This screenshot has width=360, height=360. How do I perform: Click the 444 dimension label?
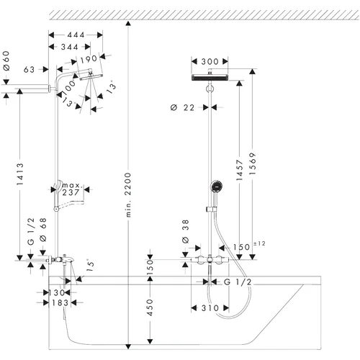(76, 35)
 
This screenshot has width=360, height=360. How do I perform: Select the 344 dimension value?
(69, 47)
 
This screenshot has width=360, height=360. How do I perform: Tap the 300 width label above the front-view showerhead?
(210, 62)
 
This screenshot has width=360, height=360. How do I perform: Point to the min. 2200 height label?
(128, 194)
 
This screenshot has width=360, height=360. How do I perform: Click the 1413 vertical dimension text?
(20, 174)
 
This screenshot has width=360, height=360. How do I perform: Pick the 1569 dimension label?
(253, 163)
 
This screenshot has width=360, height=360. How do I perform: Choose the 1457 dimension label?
(240, 170)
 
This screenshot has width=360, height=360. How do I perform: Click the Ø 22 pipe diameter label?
(182, 108)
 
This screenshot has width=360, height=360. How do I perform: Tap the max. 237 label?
(71, 189)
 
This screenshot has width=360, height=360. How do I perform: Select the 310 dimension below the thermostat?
(210, 308)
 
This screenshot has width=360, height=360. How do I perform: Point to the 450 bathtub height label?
(150, 307)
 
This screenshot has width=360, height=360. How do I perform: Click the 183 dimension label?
(60, 303)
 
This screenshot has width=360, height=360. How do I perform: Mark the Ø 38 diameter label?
(186, 231)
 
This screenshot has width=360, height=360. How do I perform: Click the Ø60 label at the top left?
(6, 60)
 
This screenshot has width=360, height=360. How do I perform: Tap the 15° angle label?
(90, 265)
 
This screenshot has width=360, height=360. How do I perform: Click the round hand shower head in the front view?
(217, 186)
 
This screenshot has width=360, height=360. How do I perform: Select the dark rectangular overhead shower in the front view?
(210, 78)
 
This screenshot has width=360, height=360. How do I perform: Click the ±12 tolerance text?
(259, 243)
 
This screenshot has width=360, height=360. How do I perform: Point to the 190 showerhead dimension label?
(89, 60)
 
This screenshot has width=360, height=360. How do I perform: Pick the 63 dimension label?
(29, 70)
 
